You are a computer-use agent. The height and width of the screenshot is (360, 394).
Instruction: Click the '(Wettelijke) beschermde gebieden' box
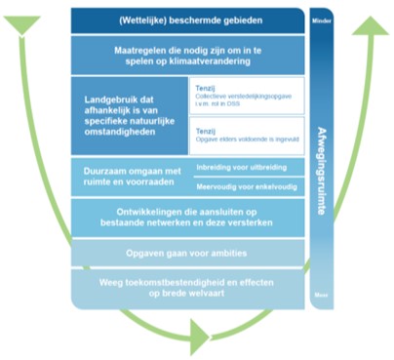tap(189, 20)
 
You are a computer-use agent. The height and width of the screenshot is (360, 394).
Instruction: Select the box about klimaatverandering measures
tap(189, 55)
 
